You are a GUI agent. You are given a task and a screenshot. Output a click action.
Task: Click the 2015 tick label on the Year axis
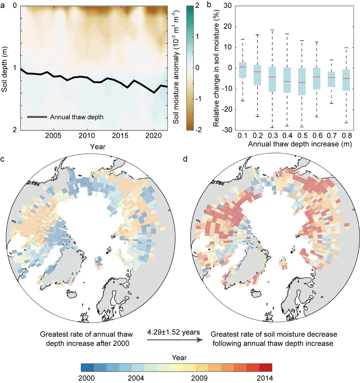click(120, 136)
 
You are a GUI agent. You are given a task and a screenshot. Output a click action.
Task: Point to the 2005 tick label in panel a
click(53, 136)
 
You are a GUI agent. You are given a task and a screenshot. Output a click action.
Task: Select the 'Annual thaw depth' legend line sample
click(37, 117)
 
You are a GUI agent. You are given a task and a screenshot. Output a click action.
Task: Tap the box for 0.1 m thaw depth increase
click(243, 70)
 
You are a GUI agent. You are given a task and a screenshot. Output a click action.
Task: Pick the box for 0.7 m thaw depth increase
click(332, 79)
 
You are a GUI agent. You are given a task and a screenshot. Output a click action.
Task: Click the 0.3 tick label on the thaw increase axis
click(272, 136)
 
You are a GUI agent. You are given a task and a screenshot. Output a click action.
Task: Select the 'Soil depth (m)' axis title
click(4, 70)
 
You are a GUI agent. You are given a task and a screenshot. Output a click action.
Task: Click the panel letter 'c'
click(2, 159)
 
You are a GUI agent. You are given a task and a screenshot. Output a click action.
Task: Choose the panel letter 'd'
click(185, 159)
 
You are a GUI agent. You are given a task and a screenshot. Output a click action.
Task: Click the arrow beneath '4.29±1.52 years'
click(175, 340)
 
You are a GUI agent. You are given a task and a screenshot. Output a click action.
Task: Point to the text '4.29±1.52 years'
click(174, 332)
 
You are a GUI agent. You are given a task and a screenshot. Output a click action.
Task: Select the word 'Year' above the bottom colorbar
click(179, 358)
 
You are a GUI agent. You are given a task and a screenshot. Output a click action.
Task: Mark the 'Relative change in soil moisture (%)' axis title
click(216, 68)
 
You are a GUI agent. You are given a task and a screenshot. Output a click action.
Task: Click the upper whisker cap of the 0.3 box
click(272, 30)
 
